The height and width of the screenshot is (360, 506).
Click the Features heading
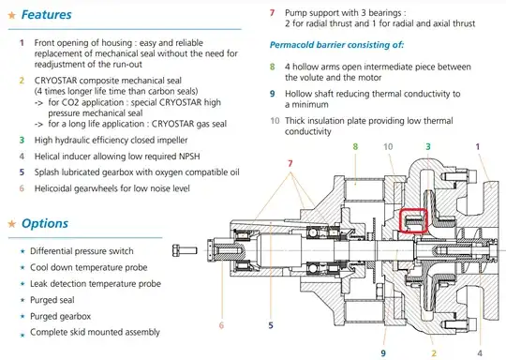pyautogui.click(x=47, y=14)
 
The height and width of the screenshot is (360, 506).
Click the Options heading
pyautogui.click(x=45, y=223)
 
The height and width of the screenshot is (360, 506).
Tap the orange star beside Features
pyautogui.click(x=12, y=15)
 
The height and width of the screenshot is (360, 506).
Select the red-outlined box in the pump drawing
pyautogui.click(x=414, y=220)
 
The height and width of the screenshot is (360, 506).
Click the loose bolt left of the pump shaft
pyautogui.click(x=185, y=250)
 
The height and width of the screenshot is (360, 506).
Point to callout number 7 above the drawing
pyautogui.click(x=290, y=163)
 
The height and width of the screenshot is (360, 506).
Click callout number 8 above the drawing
pyautogui.click(x=355, y=146)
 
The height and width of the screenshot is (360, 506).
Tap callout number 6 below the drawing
pyautogui.click(x=221, y=325)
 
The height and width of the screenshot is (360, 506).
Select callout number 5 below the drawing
pyautogui.click(x=271, y=325)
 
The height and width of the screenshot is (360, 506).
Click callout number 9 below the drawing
pyautogui.click(x=383, y=353)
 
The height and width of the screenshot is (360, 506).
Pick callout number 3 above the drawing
pyautogui.click(x=428, y=146)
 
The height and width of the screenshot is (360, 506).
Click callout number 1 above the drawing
pyautogui.click(x=478, y=146)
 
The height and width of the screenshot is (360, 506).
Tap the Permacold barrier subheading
pyautogui.click(x=336, y=45)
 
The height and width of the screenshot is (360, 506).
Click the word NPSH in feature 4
pyautogui.click(x=188, y=157)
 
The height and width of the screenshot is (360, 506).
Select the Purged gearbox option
pyautogui.click(x=60, y=317)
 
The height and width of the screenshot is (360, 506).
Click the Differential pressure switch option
pyautogui.click(x=82, y=251)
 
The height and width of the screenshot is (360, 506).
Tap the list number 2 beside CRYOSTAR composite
pyautogui.click(x=22, y=81)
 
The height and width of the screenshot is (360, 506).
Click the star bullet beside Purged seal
pyautogui.click(x=22, y=300)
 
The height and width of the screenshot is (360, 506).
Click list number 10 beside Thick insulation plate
pyautogui.click(x=275, y=121)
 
